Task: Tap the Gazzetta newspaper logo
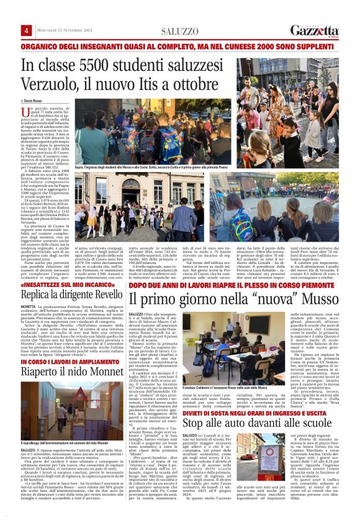314,31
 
